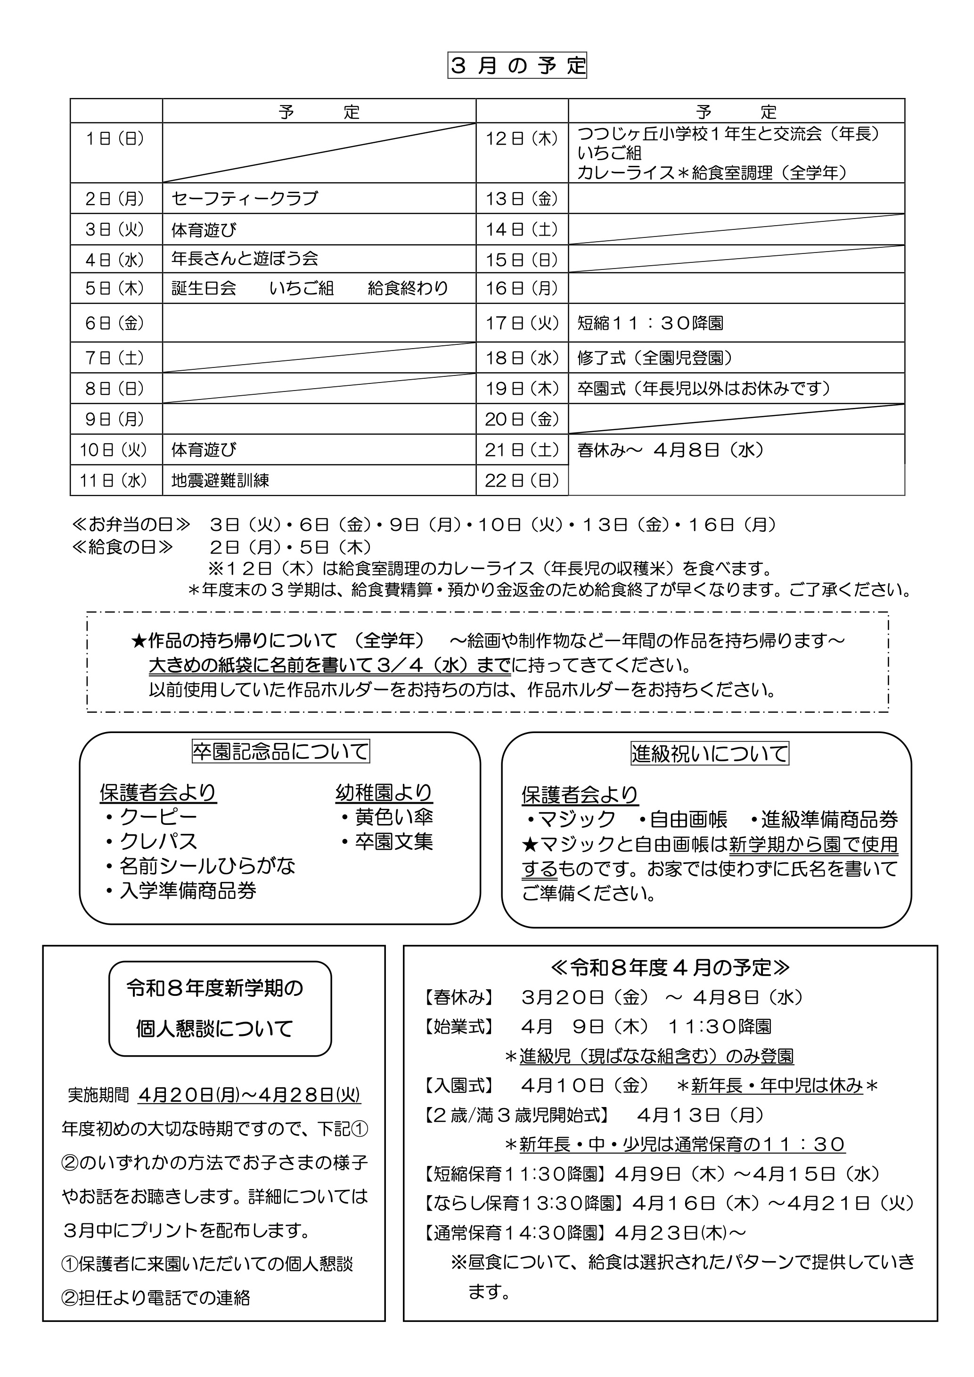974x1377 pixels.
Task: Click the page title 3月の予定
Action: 517,66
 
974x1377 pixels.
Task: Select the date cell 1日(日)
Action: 115,139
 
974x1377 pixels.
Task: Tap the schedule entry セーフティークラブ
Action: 245,198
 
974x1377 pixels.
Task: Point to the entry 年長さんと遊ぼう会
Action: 245,259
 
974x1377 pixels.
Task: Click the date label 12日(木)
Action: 522,139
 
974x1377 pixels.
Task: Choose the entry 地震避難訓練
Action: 220,481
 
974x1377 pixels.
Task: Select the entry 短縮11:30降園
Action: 650,323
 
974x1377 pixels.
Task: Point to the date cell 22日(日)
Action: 522,481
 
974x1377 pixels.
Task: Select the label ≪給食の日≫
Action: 123,547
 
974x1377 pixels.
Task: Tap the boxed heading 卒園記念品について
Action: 281,751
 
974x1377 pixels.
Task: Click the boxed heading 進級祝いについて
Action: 710,753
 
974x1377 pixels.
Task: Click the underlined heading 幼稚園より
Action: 384,793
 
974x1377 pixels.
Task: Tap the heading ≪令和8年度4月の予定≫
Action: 670,967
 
